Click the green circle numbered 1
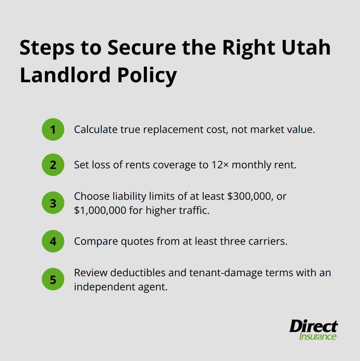click(53, 129)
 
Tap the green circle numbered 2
click(53, 165)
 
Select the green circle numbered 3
click(53, 203)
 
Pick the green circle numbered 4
click(53, 241)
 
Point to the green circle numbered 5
click(53, 279)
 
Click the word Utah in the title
click(306, 48)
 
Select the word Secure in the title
click(142, 48)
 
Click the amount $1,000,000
click(100, 210)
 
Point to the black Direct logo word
click(313, 326)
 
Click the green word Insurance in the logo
click(318, 336)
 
